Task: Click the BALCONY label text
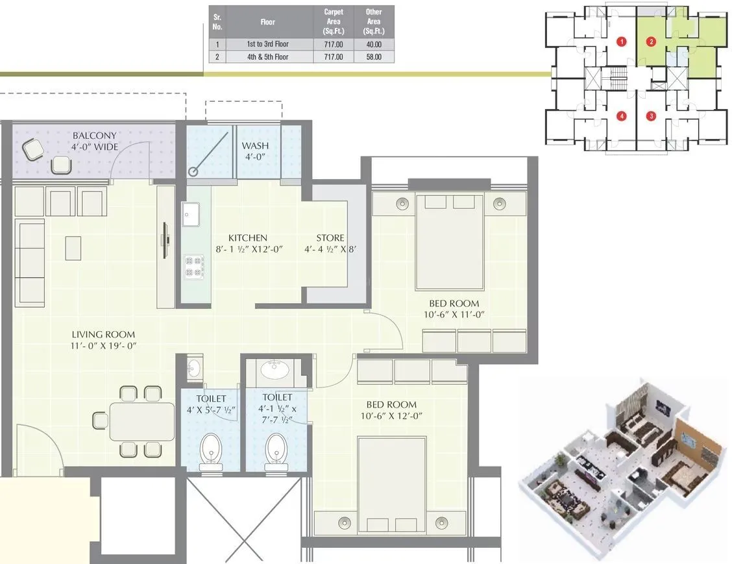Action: tap(95, 136)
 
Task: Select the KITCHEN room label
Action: tap(242, 238)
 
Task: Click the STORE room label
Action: tap(330, 238)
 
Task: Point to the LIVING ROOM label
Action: tap(103, 335)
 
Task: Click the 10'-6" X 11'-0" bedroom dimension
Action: tap(454, 314)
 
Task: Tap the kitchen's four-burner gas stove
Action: tap(194, 266)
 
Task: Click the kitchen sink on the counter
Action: tap(192, 215)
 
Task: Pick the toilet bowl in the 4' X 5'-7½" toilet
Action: tap(210, 448)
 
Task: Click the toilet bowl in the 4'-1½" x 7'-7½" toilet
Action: tap(276, 448)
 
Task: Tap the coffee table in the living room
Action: tap(73, 248)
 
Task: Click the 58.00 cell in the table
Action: tap(374, 57)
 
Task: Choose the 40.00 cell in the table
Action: tap(374, 44)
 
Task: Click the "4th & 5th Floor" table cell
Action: tap(267, 57)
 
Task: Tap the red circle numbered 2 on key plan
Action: tap(651, 42)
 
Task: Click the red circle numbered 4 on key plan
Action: tap(622, 116)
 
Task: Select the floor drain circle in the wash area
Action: tap(193, 171)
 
